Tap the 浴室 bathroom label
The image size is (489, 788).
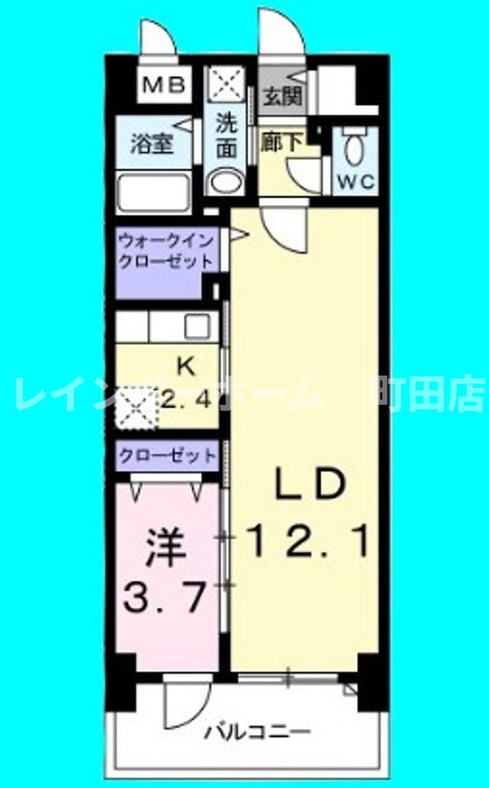pos(151,144)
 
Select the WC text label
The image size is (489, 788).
pos(355,182)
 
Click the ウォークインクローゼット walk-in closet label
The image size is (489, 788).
pos(165,250)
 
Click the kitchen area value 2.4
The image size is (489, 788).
pos(186,399)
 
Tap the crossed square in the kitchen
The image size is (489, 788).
pos(135,406)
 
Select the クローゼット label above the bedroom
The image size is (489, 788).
pos(167,456)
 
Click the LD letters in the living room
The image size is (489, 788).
pos(308,486)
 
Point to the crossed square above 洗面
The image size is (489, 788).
pos(228,84)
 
